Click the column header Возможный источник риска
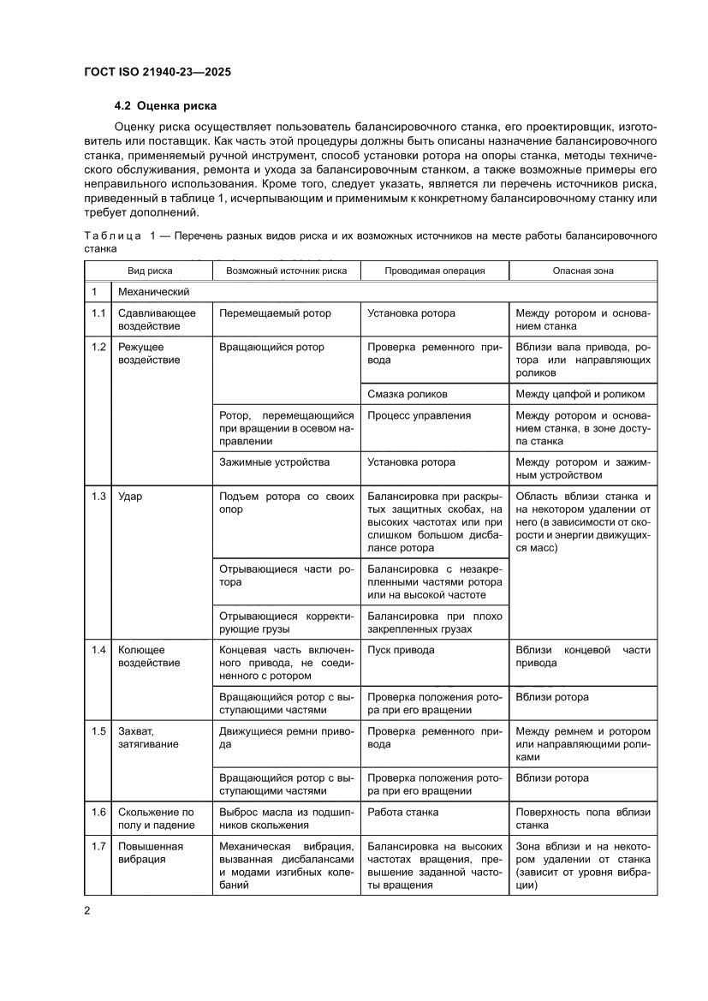(286, 271)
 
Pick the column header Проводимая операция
(434, 271)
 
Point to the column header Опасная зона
(582, 271)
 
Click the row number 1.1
(98, 313)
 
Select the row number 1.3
(98, 497)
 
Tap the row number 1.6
(98, 812)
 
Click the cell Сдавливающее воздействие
(157, 319)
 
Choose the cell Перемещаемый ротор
(275, 313)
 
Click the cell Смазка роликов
(408, 394)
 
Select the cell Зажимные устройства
(274, 462)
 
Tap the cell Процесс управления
(419, 416)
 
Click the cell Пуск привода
(401, 650)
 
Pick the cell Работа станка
(402, 812)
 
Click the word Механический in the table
(153, 292)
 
